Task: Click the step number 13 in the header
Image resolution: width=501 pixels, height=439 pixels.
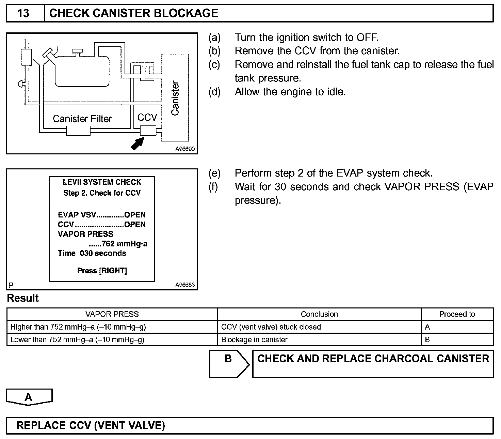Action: click(23, 13)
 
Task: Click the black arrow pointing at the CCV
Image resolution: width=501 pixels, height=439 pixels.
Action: click(138, 143)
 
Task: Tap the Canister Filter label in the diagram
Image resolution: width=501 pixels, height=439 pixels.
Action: click(82, 119)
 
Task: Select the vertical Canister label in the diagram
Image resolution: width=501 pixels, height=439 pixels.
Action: click(175, 98)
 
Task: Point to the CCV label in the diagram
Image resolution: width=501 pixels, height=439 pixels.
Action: click(147, 118)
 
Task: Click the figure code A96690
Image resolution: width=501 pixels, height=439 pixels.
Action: click(185, 149)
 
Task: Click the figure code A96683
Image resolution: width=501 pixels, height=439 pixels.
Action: click(185, 285)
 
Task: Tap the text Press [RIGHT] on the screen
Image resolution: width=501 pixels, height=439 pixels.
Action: click(102, 271)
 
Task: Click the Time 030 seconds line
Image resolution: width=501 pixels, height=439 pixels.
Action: click(92, 253)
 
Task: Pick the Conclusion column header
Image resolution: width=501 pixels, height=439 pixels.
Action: click(319, 314)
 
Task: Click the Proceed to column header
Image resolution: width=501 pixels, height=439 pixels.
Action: click(457, 314)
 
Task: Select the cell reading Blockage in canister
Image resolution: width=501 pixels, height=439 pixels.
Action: click(254, 340)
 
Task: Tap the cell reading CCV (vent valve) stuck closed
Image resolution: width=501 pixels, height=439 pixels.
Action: click(271, 327)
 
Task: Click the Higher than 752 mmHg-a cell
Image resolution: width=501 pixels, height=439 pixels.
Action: click(78, 327)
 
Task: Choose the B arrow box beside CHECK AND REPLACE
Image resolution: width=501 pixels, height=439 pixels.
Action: click(228, 363)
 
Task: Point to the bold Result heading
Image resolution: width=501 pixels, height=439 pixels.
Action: click(23, 298)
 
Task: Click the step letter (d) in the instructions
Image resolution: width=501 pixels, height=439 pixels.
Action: click(214, 92)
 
